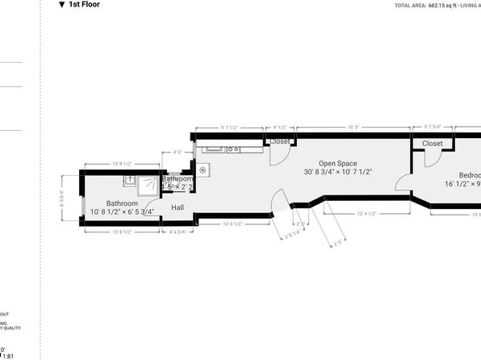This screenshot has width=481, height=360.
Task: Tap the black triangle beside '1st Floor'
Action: tap(61, 5)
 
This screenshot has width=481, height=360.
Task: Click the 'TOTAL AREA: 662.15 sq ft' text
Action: tap(425, 6)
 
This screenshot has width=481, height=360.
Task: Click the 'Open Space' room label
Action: tap(337, 162)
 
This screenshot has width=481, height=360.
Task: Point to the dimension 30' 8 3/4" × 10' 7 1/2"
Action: tap(337, 172)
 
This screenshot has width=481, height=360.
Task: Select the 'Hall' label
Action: tap(178, 207)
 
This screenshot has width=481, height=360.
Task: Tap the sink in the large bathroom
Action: tap(129, 181)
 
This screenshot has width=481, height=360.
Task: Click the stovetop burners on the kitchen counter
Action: tap(233, 149)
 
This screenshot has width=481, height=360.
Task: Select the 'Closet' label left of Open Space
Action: tap(280, 142)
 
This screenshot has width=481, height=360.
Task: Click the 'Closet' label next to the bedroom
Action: tap(432, 144)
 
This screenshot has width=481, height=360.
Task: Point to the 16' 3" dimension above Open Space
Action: tap(353, 127)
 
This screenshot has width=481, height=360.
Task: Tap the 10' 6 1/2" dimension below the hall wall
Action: tap(232, 224)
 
